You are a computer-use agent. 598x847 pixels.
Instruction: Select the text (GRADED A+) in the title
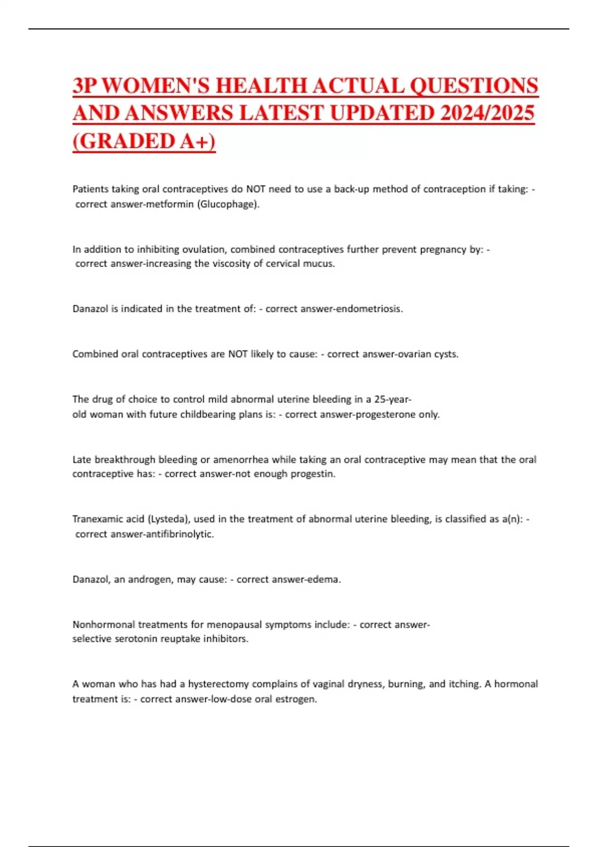pyautogui.click(x=144, y=141)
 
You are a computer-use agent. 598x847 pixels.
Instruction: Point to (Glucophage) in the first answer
pyautogui.click(x=229, y=204)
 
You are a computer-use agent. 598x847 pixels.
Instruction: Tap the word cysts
pyautogui.click(x=445, y=354)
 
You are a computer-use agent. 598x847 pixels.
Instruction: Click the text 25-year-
pyautogui.click(x=393, y=399)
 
